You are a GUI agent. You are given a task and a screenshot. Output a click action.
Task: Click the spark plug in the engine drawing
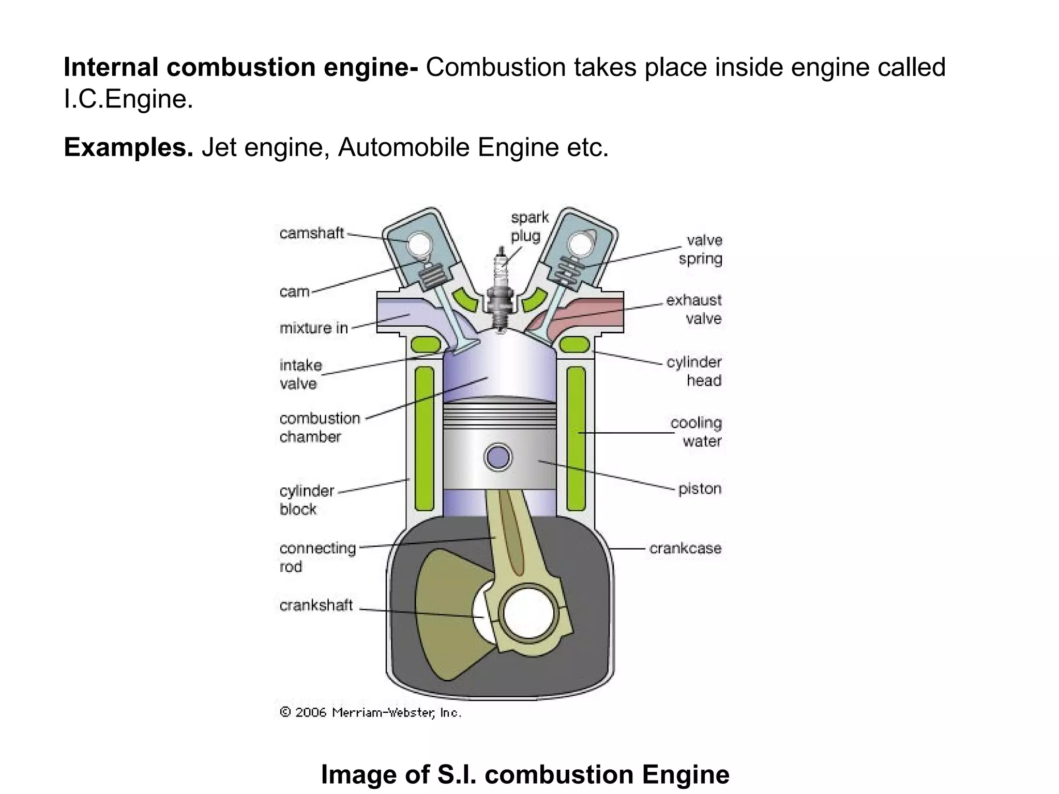pos(500,295)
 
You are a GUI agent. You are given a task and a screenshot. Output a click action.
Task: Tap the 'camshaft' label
pos(311,234)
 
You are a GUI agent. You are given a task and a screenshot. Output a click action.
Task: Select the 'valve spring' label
pos(701,250)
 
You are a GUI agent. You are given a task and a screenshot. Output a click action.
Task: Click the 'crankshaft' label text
pos(316,605)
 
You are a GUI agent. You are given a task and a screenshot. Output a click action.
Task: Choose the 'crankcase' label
pos(685,548)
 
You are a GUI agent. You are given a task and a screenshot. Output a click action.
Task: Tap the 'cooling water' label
pos(697,432)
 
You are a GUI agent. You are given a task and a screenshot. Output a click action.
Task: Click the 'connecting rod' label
pos(317,557)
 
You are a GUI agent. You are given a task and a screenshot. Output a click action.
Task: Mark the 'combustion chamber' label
pos(319,427)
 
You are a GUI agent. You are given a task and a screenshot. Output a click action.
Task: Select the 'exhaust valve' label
pos(694,309)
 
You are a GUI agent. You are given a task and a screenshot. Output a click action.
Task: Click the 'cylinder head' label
pos(694,371)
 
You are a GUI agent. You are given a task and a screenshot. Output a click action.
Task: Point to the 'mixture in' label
pos(313,328)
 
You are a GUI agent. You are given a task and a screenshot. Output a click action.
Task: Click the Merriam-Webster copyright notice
pos(370,713)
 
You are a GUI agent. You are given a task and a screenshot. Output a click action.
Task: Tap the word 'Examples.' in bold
pos(128,148)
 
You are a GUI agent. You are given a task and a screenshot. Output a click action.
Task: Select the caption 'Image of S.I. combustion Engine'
pos(525,774)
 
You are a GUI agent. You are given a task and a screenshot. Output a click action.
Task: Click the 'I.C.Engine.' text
pos(128,99)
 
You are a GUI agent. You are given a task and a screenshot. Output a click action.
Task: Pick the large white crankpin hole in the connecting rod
pos(528,614)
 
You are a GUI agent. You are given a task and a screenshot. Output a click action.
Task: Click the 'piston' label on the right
pos(700,489)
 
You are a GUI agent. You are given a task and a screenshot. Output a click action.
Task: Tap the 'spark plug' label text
pos(529,226)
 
